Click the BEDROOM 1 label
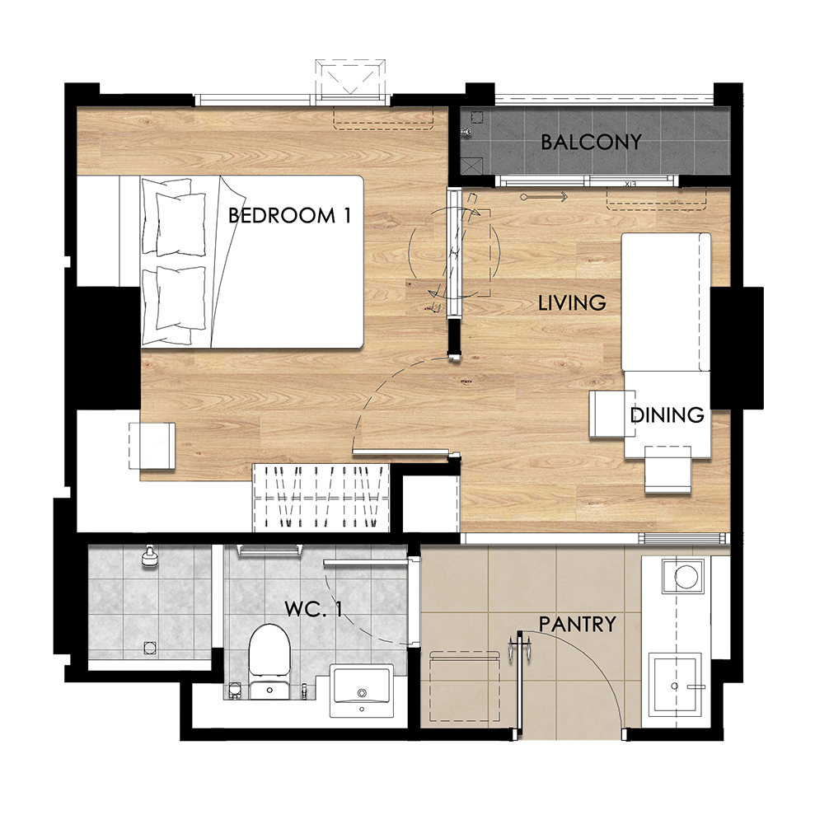(x=289, y=215)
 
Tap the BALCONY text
(x=591, y=142)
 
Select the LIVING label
(x=572, y=302)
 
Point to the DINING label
(x=667, y=415)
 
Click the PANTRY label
(x=577, y=624)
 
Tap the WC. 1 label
(x=313, y=609)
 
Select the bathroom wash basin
(x=362, y=691)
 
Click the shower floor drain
(x=149, y=648)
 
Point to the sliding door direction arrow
(x=544, y=197)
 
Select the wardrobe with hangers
(x=321, y=497)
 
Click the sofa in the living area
(x=666, y=302)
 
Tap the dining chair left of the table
(x=607, y=414)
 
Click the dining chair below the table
(x=668, y=469)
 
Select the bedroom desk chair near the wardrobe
(x=152, y=446)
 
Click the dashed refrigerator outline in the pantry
(x=465, y=686)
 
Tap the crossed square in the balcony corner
(x=471, y=166)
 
